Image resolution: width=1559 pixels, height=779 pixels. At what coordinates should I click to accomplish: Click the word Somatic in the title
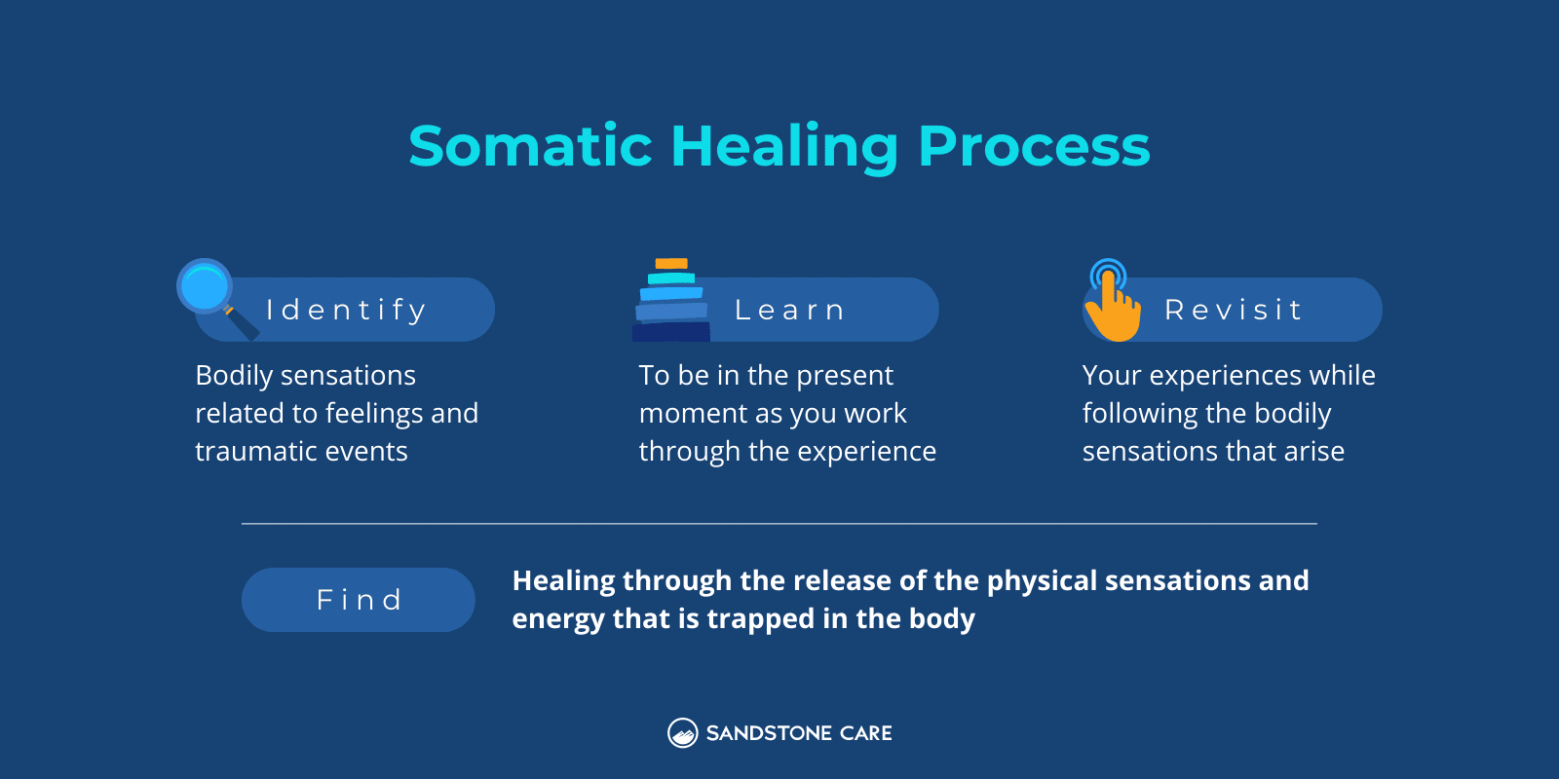point(530,146)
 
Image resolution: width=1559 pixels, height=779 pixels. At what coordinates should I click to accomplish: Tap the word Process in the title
point(1033,146)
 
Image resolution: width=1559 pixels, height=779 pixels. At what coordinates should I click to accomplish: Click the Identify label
point(346,310)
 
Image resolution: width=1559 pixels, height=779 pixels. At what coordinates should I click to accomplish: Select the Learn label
point(789,310)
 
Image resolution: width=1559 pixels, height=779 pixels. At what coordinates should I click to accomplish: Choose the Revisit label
point(1233,310)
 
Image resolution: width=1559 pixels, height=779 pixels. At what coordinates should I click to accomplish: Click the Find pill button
point(359,600)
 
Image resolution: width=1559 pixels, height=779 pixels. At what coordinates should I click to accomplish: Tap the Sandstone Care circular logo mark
point(682,733)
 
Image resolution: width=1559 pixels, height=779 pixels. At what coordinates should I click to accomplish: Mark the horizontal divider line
point(779,524)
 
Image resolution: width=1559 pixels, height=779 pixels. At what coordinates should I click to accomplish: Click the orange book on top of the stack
point(671,264)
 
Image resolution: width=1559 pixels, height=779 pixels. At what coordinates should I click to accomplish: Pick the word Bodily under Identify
point(234,376)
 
